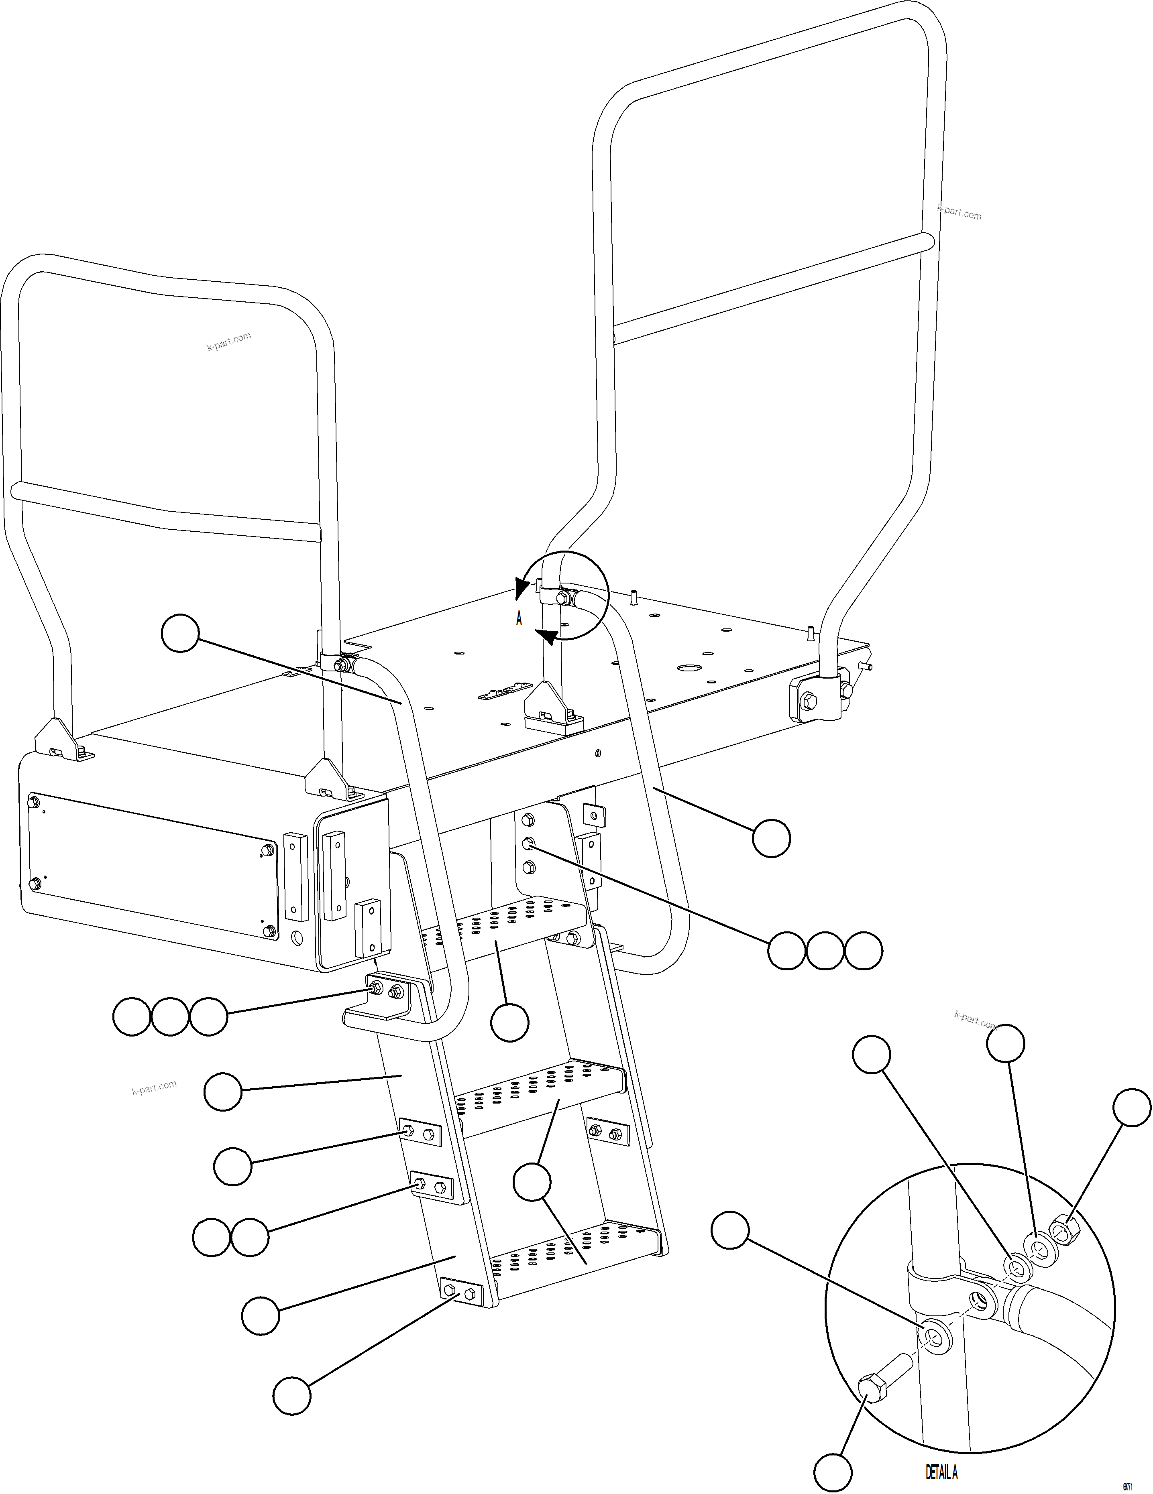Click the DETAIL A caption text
[x=941, y=1471]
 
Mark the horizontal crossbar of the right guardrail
[x=773, y=289]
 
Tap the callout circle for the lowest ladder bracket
[x=292, y=1396]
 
